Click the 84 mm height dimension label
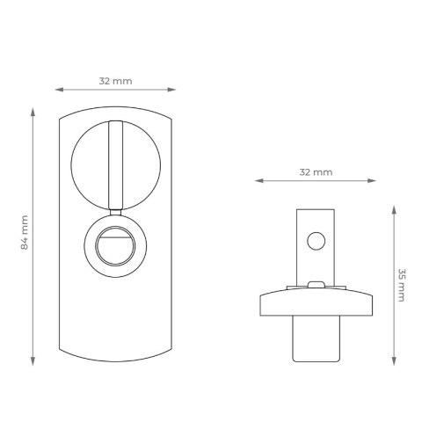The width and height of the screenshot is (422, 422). pyautogui.click(x=25, y=232)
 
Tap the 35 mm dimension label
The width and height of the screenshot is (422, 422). pyautogui.click(x=401, y=285)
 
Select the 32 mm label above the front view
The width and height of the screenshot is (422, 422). pyautogui.click(x=115, y=81)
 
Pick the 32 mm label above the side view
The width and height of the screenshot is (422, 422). pyautogui.click(x=316, y=172)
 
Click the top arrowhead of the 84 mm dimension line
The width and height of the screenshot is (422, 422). pyautogui.click(x=33, y=112)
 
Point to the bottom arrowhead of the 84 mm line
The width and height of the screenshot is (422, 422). pyautogui.click(x=33, y=361)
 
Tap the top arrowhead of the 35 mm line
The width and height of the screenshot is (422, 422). pyautogui.click(x=394, y=210)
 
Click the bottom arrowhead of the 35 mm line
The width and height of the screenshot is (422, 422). pyautogui.click(x=394, y=361)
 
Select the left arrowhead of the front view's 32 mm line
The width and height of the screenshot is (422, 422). pyautogui.click(x=59, y=90)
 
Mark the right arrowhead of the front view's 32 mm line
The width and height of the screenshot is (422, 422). pyautogui.click(x=171, y=90)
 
